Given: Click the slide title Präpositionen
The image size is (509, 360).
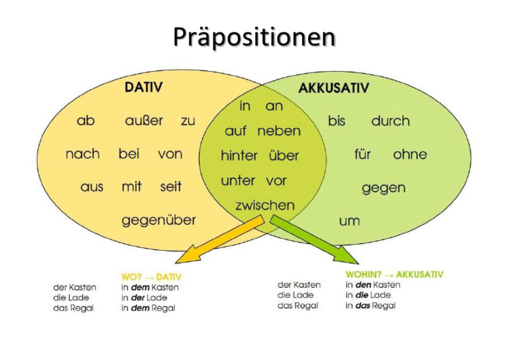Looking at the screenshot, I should point(254,37).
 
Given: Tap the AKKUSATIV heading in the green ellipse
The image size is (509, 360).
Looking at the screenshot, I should point(333,88).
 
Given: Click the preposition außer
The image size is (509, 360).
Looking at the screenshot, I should point(144,121).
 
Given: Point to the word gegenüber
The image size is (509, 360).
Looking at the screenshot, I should point(158,220).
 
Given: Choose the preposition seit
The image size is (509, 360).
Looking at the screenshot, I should point(170,187).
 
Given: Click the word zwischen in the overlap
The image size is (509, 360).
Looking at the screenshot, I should point(264,206).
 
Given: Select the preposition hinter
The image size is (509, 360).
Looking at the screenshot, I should point(239,156).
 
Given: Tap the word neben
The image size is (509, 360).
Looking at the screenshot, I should point(278,131).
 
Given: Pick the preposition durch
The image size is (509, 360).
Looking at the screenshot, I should point(390,121).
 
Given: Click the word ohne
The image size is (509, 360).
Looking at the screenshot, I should point(410,154).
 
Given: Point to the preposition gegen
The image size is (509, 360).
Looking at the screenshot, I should point(383,188).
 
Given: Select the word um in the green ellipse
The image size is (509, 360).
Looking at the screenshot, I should point(349,221).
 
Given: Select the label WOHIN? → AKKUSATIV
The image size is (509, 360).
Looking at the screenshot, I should point(394,274).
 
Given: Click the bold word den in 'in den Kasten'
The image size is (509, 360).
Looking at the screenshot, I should point(362,284).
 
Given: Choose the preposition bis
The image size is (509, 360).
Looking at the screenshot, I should point(337,121).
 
